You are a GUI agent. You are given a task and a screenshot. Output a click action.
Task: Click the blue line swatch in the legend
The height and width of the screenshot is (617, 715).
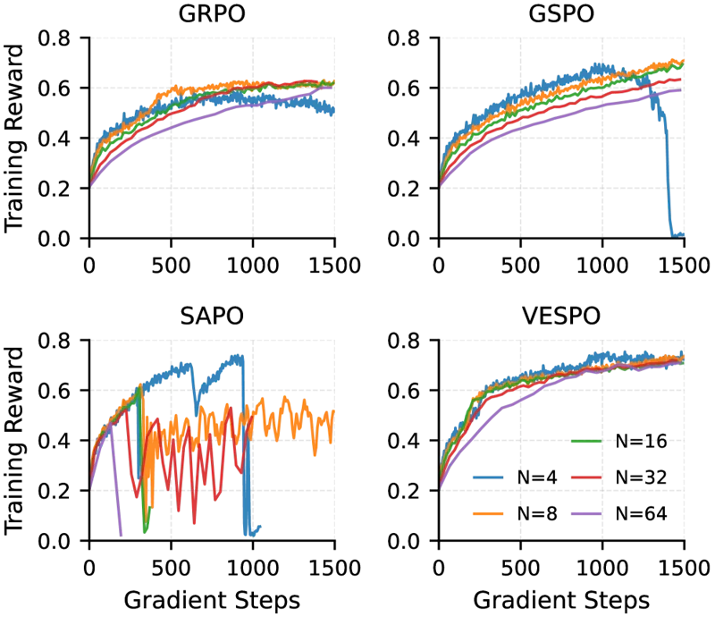[489, 476]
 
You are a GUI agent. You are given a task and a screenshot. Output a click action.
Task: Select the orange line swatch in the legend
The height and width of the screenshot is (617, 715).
[489, 514]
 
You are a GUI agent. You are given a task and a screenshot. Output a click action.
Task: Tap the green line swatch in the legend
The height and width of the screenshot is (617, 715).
[586, 440]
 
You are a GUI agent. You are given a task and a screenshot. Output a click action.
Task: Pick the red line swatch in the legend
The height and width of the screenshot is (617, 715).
[586, 476]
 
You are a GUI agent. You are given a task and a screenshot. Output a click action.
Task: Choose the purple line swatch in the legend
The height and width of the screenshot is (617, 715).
[586, 514]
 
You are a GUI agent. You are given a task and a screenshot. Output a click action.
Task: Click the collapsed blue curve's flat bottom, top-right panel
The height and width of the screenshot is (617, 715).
[677, 234]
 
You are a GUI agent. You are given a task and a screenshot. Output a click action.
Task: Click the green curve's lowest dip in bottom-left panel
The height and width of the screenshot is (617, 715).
[145, 531]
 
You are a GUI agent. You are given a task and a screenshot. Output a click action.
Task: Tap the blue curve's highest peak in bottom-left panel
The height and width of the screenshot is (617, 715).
[237, 356]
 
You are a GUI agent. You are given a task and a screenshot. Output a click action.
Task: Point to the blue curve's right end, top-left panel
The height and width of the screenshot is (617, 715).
[333, 111]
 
